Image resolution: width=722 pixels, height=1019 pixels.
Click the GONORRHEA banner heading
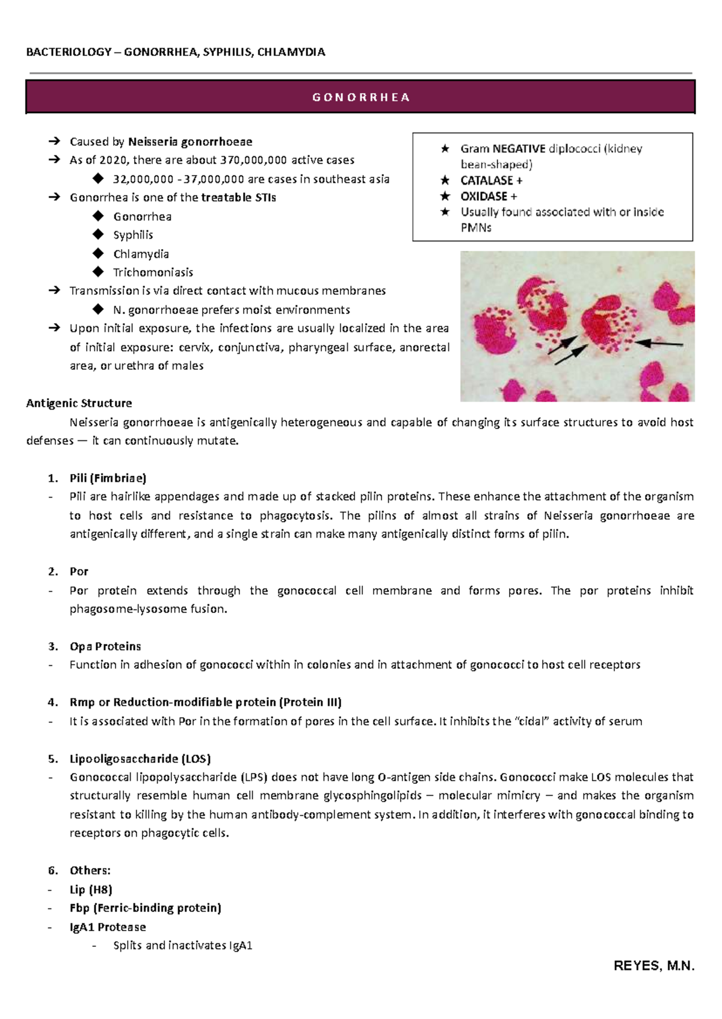[360, 97]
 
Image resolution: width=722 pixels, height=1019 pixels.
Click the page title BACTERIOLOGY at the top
[69, 52]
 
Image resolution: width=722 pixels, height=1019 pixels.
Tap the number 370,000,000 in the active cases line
[253, 160]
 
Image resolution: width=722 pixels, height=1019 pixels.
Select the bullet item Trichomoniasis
[153, 272]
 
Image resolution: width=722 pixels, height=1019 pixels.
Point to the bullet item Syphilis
[133, 235]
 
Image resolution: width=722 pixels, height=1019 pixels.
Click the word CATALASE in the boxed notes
[486, 180]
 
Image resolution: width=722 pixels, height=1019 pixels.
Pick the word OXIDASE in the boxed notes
[484, 196]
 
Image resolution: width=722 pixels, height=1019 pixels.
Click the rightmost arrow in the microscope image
[659, 343]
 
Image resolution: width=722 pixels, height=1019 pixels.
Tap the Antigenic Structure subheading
[79, 403]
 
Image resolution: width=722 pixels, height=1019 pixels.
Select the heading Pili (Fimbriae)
[108, 478]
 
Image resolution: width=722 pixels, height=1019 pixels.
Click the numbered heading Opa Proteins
[105, 647]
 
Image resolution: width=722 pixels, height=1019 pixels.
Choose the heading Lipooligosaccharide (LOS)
[140, 759]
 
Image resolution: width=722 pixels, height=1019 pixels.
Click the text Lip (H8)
[91, 890]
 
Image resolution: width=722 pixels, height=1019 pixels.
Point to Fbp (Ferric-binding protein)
[145, 908]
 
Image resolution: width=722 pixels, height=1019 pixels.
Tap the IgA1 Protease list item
[108, 927]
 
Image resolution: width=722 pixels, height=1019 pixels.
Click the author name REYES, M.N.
[654, 966]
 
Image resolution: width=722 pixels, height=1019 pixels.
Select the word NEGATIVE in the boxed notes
[519, 149]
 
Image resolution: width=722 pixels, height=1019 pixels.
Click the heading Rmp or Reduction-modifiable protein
[205, 702]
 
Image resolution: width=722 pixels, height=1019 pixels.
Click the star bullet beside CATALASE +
[445, 180]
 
